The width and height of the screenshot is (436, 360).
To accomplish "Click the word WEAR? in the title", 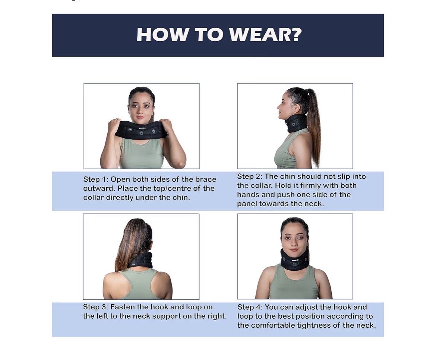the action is point(265,35).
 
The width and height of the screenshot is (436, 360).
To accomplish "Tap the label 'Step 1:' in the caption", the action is point(95,179).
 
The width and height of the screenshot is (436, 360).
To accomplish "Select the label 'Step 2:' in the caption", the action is point(249,176).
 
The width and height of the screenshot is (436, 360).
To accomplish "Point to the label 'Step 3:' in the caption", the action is point(95,307).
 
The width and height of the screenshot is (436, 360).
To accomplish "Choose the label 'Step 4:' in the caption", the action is point(250,307).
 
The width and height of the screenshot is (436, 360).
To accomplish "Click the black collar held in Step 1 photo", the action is point(141,130).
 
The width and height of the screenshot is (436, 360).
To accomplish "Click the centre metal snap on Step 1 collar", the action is point(142,133).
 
